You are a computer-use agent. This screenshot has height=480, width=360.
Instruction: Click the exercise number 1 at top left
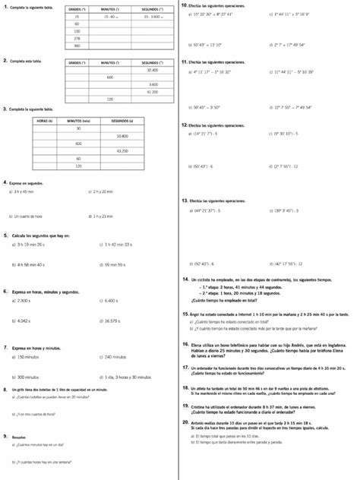(5, 7)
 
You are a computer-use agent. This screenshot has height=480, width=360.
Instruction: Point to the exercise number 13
(185, 200)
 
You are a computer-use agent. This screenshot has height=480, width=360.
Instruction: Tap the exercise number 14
(185, 279)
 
